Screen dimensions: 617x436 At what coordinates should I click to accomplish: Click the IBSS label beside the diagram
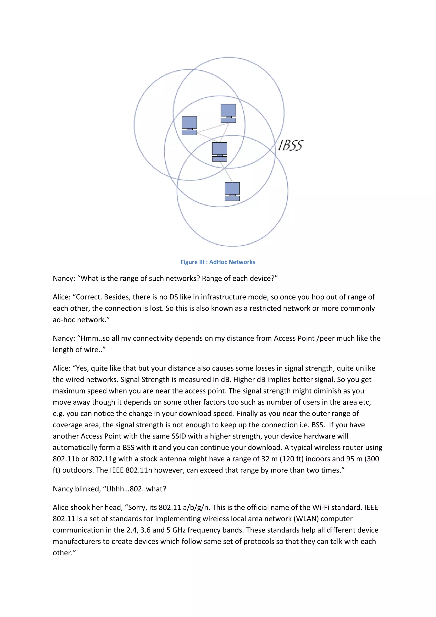[x=290, y=145]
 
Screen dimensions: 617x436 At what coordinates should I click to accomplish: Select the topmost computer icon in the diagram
[x=228, y=113]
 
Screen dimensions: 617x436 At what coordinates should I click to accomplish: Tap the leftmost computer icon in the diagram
[x=189, y=125]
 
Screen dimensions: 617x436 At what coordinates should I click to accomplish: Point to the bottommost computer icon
[x=232, y=191]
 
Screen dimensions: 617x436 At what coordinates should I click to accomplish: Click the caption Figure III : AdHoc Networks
[x=218, y=262]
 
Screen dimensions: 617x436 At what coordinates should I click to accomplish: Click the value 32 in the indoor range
[x=265, y=459]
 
